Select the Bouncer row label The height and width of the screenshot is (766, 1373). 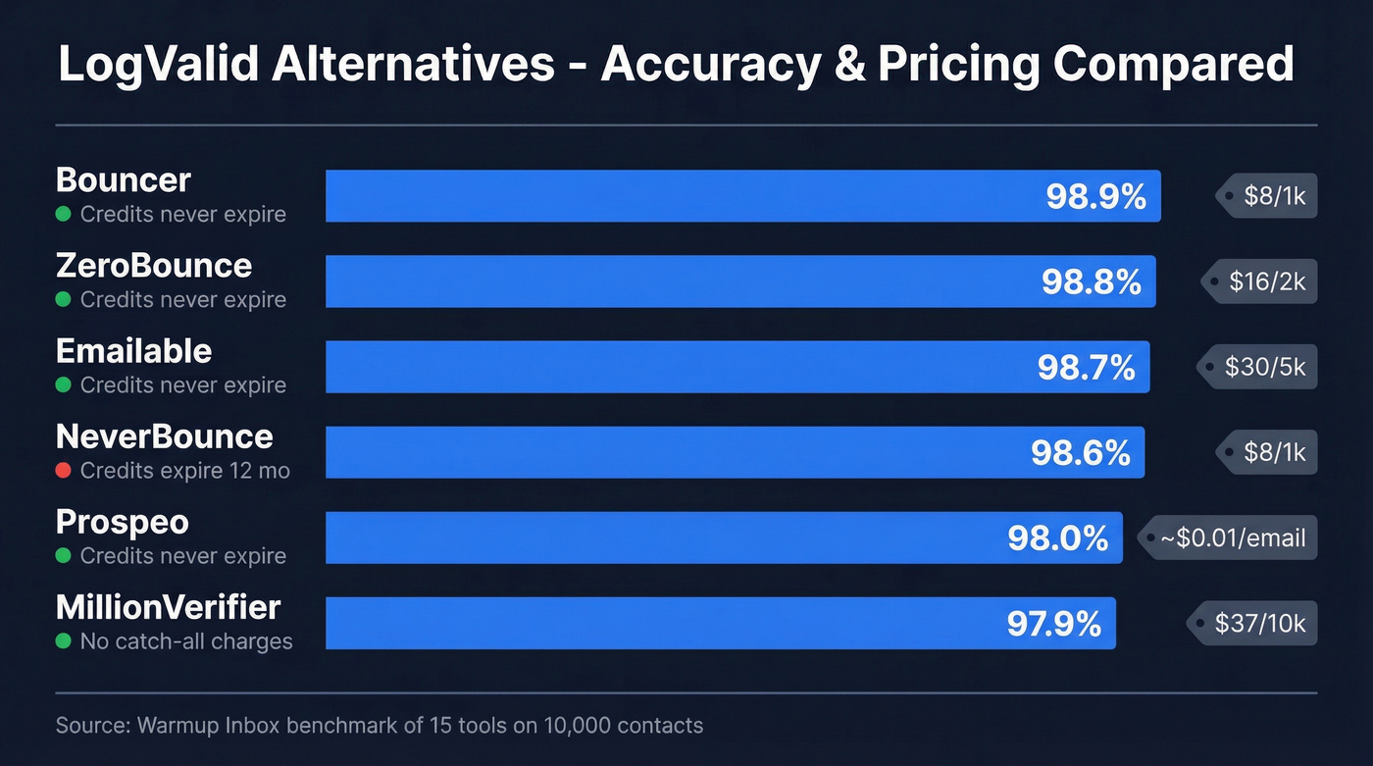click(x=124, y=180)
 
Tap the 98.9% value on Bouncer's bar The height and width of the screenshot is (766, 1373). click(x=1095, y=196)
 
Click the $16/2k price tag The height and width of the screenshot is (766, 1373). click(x=1265, y=281)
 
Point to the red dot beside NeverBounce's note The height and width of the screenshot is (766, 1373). click(x=64, y=471)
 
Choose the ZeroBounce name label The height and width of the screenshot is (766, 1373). click(x=154, y=266)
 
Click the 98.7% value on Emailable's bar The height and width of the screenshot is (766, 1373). click(x=1086, y=367)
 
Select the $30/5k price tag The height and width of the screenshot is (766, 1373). click(x=1263, y=367)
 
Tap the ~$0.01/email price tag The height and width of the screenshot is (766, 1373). click(x=1231, y=537)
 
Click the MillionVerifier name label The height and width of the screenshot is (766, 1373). click(x=168, y=607)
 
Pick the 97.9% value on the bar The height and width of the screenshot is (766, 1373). click(x=1054, y=624)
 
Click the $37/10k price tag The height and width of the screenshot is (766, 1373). click(x=1258, y=623)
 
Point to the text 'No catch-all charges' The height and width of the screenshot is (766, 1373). click(x=186, y=641)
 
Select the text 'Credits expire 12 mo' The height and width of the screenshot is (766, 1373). click(x=185, y=471)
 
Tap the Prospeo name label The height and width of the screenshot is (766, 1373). click(x=123, y=522)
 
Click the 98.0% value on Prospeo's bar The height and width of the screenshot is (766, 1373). click(x=1057, y=538)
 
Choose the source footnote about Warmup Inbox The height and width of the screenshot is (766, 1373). click(x=380, y=726)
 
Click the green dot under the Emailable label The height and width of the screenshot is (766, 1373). click(x=64, y=385)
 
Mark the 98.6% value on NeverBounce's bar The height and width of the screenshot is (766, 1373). click(x=1080, y=452)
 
